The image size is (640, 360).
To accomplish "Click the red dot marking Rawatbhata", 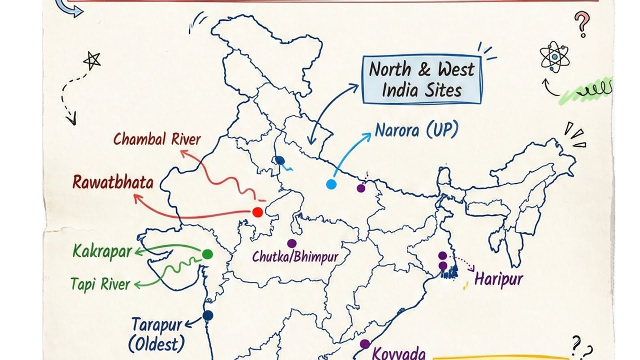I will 257,212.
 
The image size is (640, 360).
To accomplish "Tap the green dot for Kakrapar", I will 207,254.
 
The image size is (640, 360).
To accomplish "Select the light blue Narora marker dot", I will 331,184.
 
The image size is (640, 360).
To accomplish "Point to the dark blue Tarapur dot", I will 207,315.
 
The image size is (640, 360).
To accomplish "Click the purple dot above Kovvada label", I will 365,344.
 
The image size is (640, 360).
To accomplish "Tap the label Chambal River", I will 156,139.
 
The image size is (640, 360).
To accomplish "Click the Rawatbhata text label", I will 113,182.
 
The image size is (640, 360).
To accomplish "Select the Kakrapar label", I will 102,251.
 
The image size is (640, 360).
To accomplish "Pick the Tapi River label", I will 100,284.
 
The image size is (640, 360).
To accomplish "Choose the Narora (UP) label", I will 416,130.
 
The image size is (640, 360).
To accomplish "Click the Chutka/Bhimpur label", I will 295,257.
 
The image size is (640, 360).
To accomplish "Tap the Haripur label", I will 498,278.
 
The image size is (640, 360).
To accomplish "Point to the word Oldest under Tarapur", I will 156,344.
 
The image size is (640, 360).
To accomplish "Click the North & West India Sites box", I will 421,80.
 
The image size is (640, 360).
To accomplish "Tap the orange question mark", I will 581,23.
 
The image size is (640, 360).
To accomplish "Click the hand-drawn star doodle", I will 91,60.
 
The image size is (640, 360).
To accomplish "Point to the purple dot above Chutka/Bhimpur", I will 291,243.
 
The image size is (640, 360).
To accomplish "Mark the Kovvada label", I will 399,354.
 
